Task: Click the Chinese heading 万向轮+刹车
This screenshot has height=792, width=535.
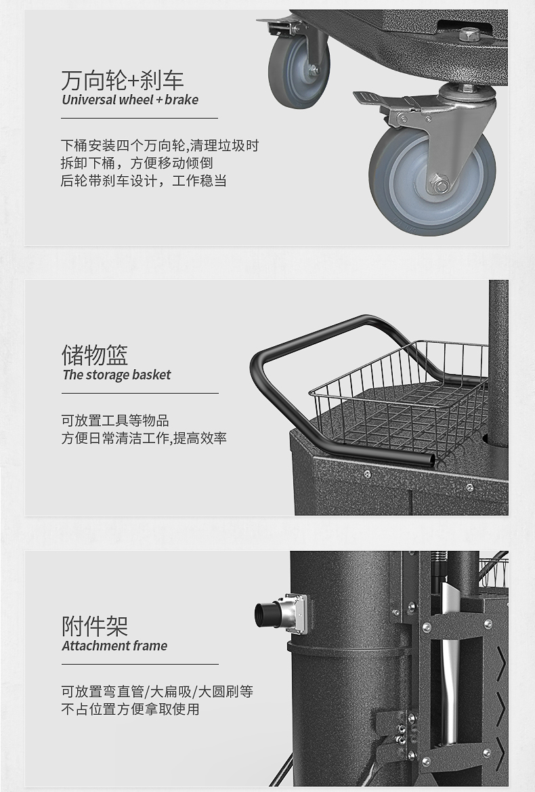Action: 122,81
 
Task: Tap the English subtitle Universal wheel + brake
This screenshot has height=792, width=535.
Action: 130,100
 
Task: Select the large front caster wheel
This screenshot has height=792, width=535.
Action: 432,180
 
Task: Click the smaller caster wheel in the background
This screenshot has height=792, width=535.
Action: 299,69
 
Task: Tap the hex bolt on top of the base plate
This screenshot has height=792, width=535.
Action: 470,35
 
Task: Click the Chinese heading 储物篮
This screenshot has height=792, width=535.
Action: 94,355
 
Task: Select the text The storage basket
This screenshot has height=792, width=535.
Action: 116,375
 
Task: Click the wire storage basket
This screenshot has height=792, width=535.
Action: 399,399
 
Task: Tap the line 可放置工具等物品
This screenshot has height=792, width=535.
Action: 115,420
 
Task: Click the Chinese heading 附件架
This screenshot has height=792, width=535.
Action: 94,626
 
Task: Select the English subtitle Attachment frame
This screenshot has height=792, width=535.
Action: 114,646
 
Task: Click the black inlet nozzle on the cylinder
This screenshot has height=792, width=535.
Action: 267,614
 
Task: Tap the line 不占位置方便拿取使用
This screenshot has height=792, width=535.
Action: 130,709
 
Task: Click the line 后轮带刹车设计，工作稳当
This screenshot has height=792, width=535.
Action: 144,180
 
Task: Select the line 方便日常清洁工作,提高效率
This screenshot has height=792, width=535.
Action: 144,438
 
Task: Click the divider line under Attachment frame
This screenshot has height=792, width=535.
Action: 140,664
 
